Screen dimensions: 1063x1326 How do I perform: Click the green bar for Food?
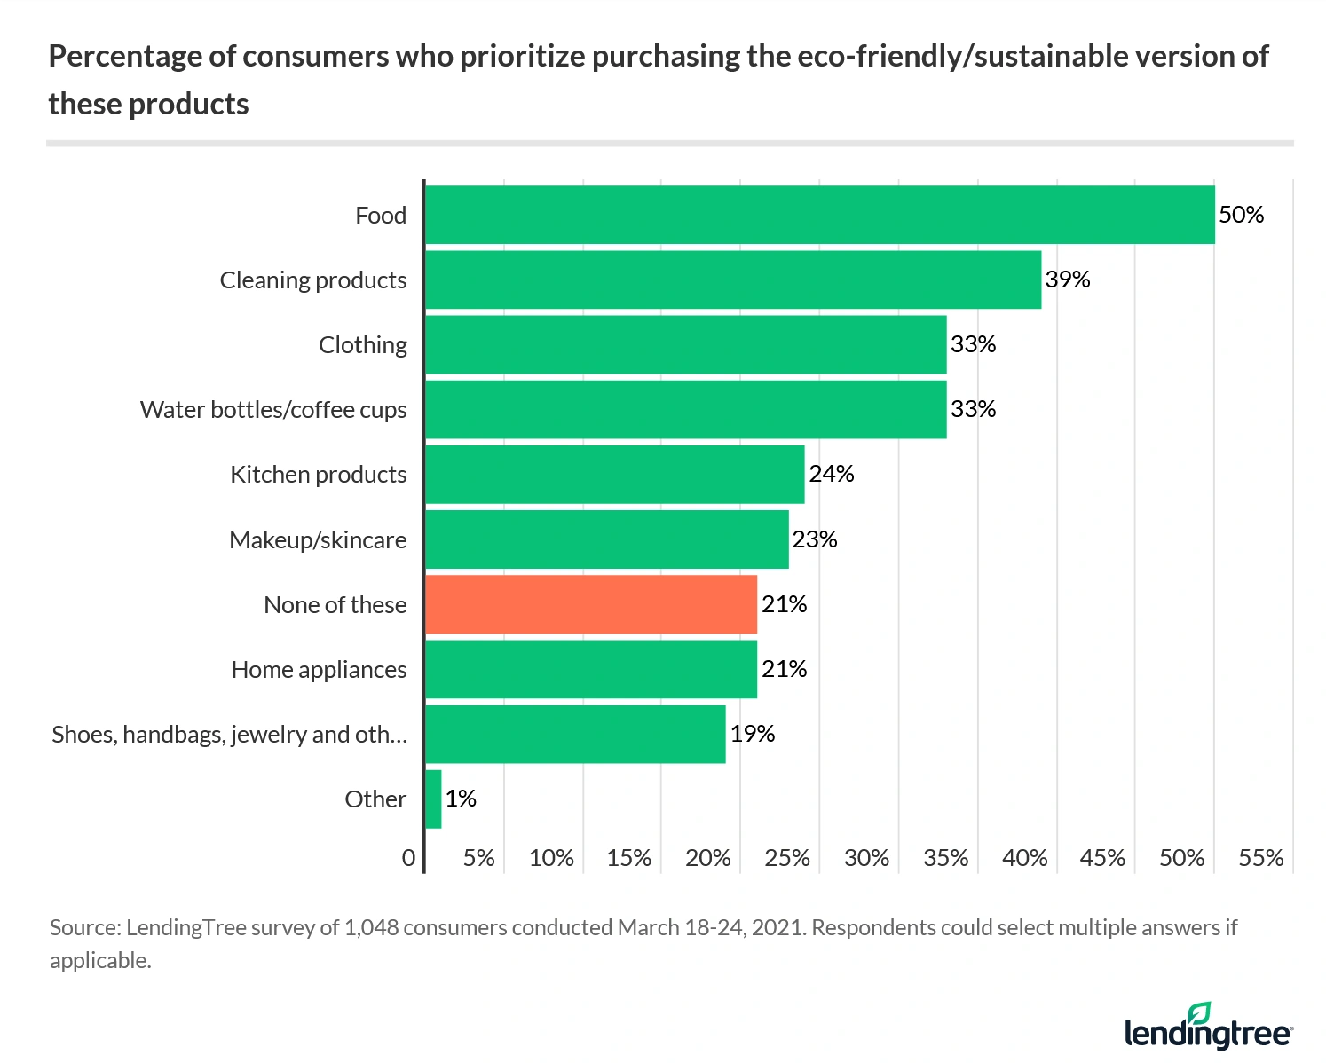(819, 215)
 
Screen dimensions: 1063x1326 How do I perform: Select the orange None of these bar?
(591, 604)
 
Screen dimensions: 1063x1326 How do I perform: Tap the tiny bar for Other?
(433, 799)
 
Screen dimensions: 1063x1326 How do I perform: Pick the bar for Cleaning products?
(732, 280)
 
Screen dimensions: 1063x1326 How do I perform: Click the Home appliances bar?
(591, 669)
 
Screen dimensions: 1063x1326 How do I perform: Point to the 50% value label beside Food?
(1241, 215)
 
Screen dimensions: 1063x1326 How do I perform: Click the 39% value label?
(1067, 280)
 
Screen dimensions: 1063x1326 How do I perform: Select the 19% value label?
(752, 734)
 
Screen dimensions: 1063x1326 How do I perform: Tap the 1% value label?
(461, 799)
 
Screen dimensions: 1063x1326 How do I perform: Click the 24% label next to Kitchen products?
(831, 474)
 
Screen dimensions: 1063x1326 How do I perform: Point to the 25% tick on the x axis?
(787, 858)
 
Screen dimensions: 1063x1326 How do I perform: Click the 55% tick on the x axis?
(1260, 858)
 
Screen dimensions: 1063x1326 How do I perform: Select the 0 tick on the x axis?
(408, 858)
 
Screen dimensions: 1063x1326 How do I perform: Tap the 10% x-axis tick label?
(551, 858)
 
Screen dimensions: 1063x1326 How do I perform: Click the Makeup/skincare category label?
(318, 539)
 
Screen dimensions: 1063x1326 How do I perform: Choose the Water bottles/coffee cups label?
(273, 410)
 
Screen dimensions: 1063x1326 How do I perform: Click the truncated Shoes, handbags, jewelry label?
(229, 735)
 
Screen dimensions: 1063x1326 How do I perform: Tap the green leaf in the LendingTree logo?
(1200, 1012)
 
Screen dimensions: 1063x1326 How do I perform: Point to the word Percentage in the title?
(125, 57)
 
